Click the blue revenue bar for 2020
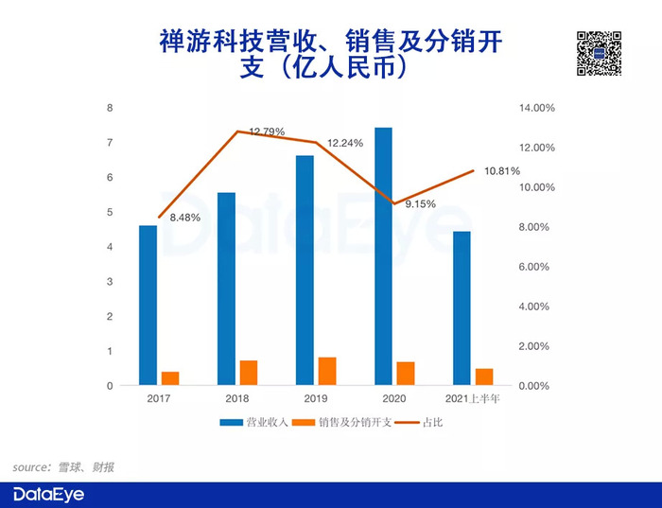pyautogui.click(x=383, y=256)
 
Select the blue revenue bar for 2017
pyautogui.click(x=148, y=306)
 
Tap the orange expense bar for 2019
pyautogui.click(x=327, y=371)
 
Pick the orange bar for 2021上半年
pyautogui.click(x=484, y=377)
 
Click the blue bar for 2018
pyautogui.click(x=226, y=289)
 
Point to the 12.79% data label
pyautogui.click(x=267, y=131)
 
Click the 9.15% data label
pyautogui.click(x=420, y=204)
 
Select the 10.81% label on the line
pyautogui.click(x=502, y=171)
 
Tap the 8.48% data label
pyautogui.click(x=185, y=218)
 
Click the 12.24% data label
pyautogui.click(x=345, y=143)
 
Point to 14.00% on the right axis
pyautogui.click(x=536, y=108)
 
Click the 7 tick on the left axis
pyautogui.click(x=110, y=143)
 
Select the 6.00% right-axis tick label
pyautogui.click(x=534, y=267)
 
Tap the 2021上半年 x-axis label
pyautogui.click(x=473, y=398)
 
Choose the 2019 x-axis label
pyautogui.click(x=316, y=398)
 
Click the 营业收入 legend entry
pyautogui.click(x=253, y=422)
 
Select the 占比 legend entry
pyautogui.click(x=419, y=422)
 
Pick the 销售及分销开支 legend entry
pyautogui.click(x=342, y=422)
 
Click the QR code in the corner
pyautogui.click(x=599, y=54)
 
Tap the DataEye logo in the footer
pyautogui.click(x=48, y=495)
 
